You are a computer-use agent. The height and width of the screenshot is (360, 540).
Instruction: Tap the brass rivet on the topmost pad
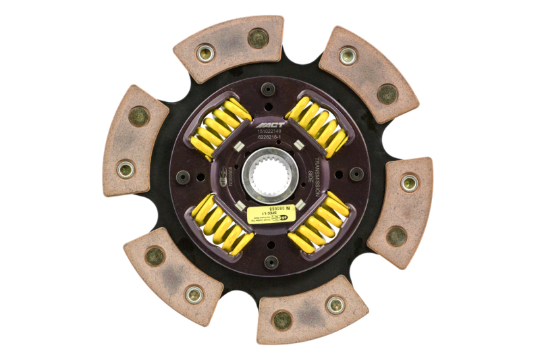(x=205, y=51)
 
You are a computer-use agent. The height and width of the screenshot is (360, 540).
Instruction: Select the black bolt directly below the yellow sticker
(x=271, y=262)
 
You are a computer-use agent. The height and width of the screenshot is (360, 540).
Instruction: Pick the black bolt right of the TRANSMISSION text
(x=356, y=174)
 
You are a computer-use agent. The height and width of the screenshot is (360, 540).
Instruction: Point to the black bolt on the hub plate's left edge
(x=183, y=177)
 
